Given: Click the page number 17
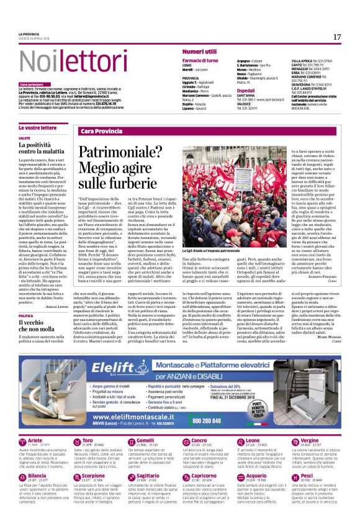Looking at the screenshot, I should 336,37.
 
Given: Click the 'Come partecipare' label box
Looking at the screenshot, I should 32,84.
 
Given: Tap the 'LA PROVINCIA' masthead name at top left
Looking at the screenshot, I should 30,34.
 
